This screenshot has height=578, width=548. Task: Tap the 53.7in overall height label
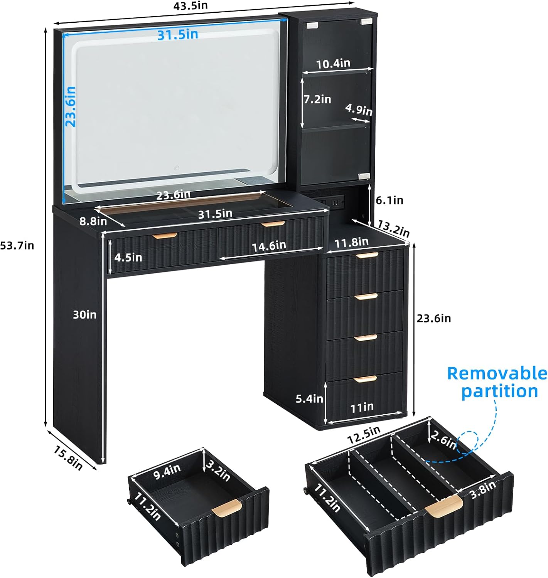coord(17,245)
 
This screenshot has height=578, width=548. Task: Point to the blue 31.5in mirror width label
coord(178,35)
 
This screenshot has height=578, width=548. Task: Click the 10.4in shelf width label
coord(333,63)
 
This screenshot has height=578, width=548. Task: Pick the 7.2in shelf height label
coord(317,99)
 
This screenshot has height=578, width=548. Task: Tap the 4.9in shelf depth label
coord(359,109)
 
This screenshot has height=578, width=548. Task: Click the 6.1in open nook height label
coord(390,200)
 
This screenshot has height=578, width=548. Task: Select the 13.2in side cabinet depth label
coord(393,229)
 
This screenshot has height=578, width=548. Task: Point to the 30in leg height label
coord(85,315)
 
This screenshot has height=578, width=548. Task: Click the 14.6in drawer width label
coord(269,245)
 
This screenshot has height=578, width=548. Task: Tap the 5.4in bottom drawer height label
coord(309,398)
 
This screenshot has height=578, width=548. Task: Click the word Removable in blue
coord(497,373)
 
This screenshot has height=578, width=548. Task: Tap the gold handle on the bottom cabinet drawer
coord(366,379)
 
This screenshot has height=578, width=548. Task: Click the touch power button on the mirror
coord(177,168)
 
